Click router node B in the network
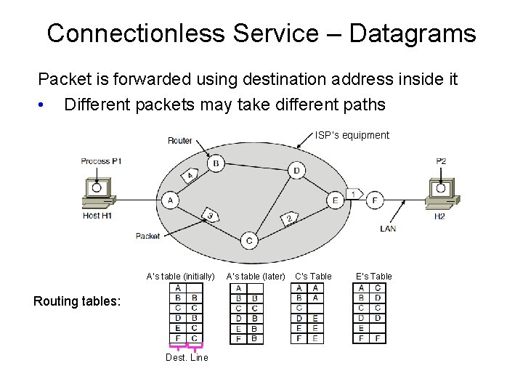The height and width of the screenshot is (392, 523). pos(215,164)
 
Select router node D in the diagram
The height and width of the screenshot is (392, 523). pos(296,171)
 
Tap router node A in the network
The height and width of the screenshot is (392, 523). pos(170,200)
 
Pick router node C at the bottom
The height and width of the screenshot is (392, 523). pos(249,240)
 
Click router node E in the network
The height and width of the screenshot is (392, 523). pos(335,200)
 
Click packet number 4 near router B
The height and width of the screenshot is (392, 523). pos(190,176)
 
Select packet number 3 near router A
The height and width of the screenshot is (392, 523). pos(209,215)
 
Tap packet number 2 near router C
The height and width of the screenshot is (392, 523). pos(288,218)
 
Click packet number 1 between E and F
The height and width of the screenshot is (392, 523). pos(354,194)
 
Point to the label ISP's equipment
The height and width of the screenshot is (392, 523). pos(352,135)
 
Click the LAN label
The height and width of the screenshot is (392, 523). pos(388,229)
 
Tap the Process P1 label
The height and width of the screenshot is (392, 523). pos(101,161)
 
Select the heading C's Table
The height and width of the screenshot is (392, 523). pos(313,276)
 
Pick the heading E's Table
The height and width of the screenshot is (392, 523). pos(374,276)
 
